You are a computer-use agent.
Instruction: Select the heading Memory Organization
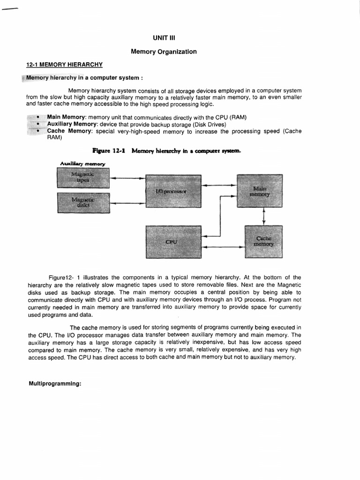tap(164, 52)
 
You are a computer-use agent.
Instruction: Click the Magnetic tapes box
tap(83, 178)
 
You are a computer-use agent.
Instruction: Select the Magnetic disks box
tap(83, 202)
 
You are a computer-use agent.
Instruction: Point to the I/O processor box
tap(173, 191)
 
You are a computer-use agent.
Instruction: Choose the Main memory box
tap(260, 191)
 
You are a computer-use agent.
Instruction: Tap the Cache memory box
tap(263, 241)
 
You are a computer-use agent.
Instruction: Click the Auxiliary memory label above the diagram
tap(82, 163)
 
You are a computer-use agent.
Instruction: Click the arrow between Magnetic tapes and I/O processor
tap(127, 178)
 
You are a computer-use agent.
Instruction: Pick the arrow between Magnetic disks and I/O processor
tap(127, 202)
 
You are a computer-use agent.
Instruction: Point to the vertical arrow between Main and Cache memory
tap(264, 216)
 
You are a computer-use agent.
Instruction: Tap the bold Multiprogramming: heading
tap(55, 383)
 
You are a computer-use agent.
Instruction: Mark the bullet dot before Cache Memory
tap(37, 131)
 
